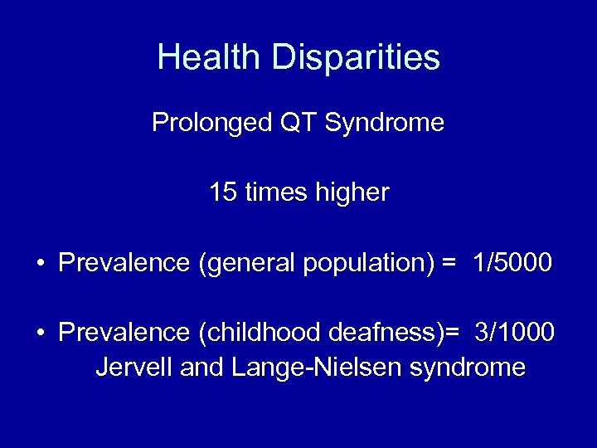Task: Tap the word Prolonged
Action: pyautogui.click(x=210, y=124)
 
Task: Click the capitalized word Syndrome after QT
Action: pyautogui.click(x=385, y=124)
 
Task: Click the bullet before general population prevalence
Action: pyautogui.click(x=40, y=264)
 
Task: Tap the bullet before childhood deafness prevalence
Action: pyautogui.click(x=40, y=334)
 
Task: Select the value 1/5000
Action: pyautogui.click(x=512, y=263)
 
